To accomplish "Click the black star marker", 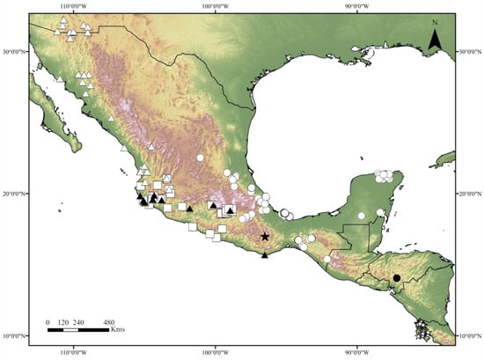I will coord(265,237).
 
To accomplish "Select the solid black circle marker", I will coord(397,278).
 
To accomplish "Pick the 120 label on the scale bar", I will coord(64,322).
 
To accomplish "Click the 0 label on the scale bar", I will coord(49,322).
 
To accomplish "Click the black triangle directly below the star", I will coord(265,255).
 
